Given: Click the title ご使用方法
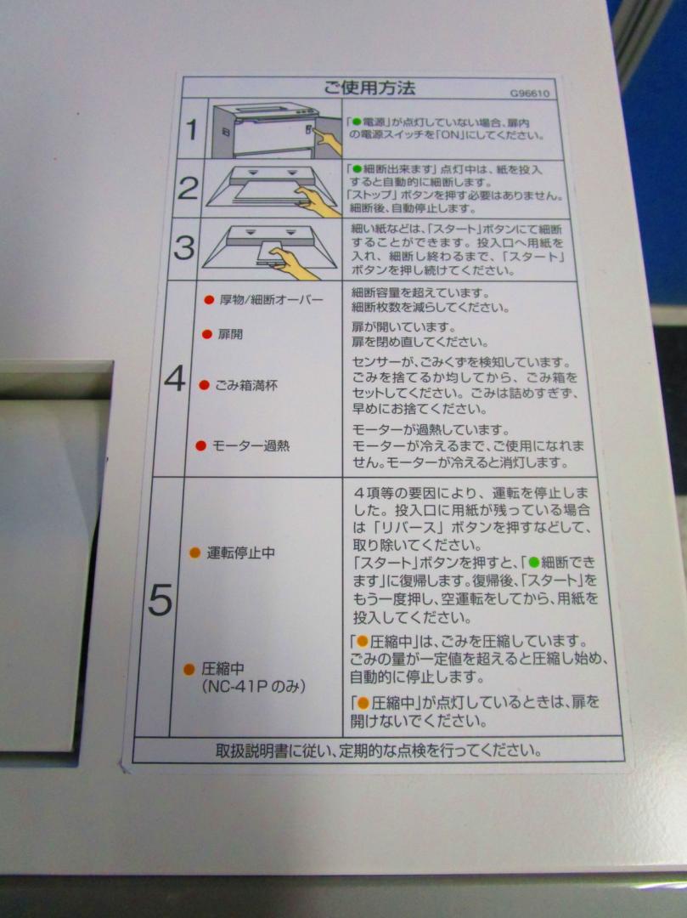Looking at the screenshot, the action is click(369, 88).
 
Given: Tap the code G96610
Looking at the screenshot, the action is click(530, 93).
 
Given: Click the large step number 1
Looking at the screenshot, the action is click(192, 129).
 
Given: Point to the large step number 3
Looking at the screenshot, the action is click(184, 247).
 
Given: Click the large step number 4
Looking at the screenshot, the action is click(175, 378).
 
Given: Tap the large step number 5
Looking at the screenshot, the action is click(160, 600).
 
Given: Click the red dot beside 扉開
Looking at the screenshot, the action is click(206, 334).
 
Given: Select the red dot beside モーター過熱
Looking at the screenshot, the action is click(201, 446).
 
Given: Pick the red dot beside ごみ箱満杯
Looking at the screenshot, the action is click(204, 385).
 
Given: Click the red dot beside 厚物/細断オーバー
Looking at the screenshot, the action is click(209, 300).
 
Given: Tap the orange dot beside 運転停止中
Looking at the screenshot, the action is click(195, 552).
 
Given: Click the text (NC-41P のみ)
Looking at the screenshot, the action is click(254, 686).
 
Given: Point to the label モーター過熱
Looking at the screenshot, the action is click(251, 446).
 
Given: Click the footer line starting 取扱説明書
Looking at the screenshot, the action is click(378, 751).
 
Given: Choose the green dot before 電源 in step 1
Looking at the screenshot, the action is click(357, 123).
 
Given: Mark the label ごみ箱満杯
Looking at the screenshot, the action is click(246, 385).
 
